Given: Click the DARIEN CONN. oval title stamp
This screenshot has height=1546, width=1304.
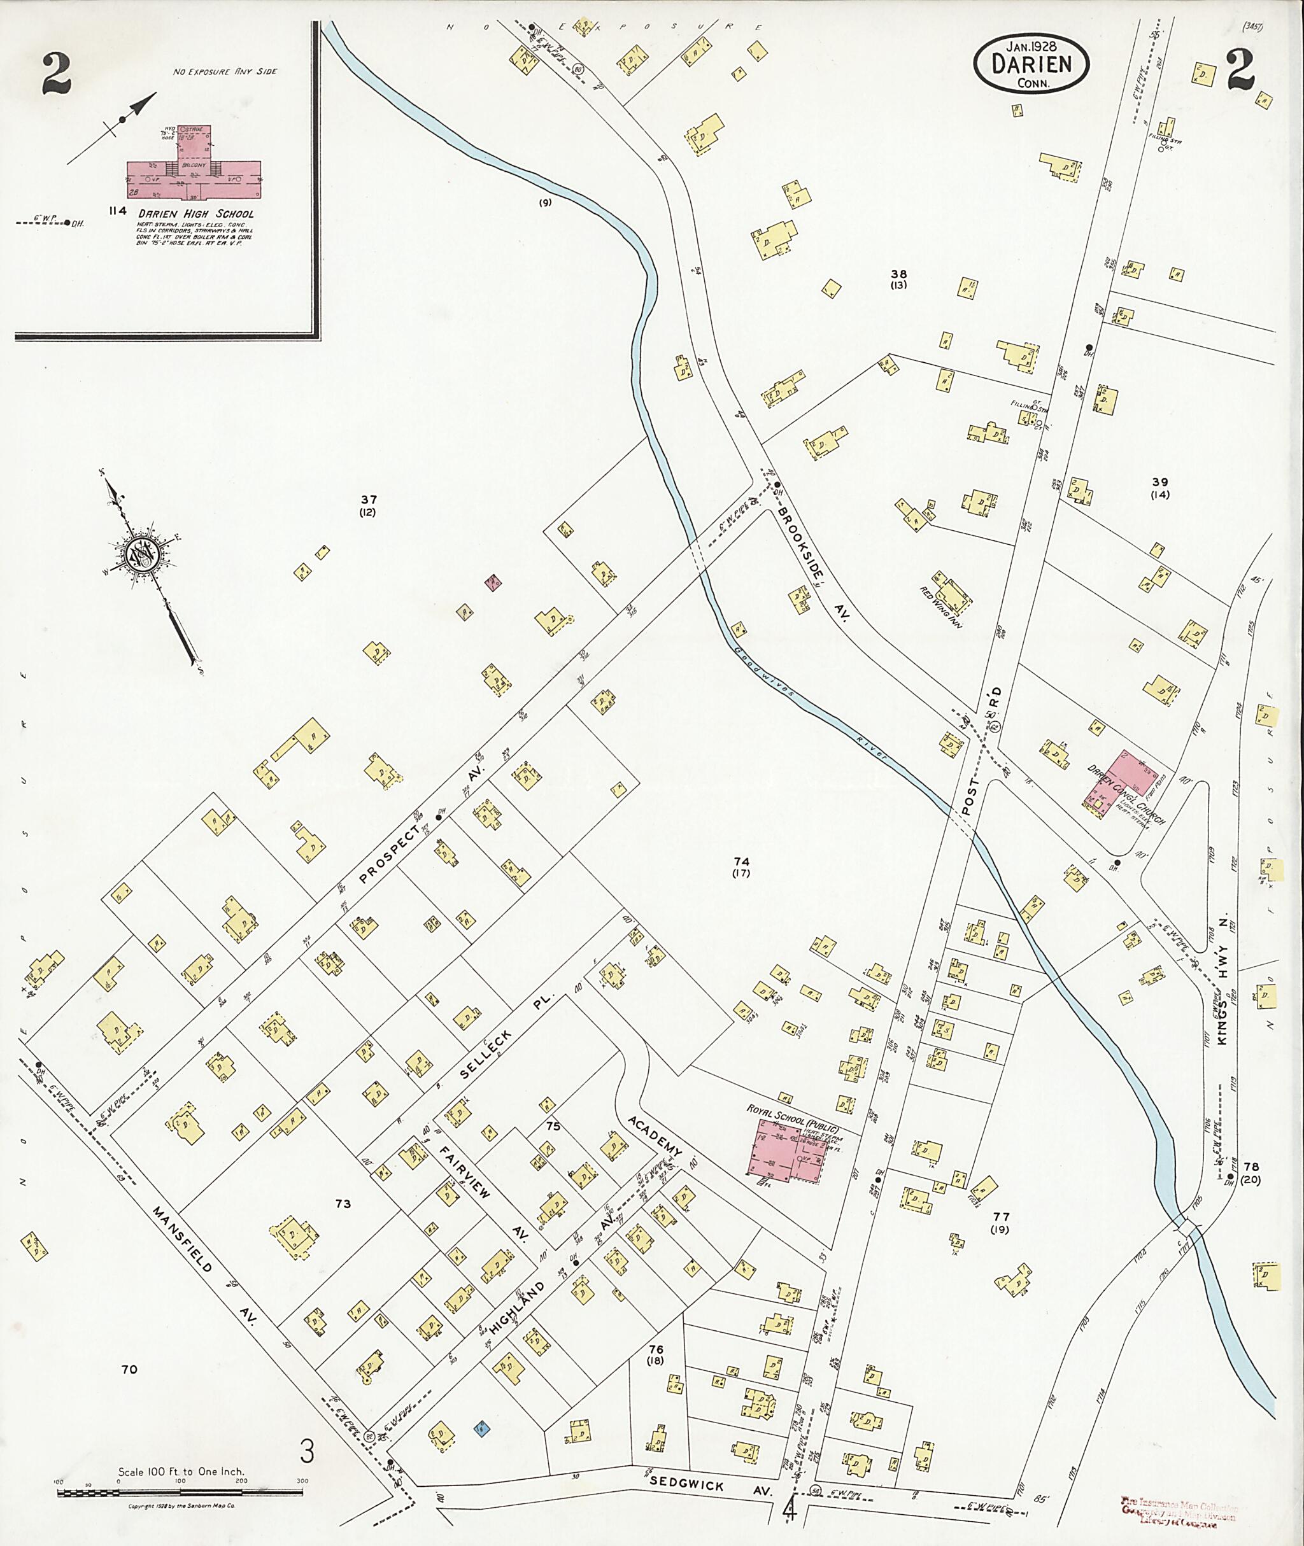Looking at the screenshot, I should click(1031, 65).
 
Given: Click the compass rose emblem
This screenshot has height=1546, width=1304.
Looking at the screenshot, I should click(141, 554).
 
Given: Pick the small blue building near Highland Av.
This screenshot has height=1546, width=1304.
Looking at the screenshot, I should click(482, 1428).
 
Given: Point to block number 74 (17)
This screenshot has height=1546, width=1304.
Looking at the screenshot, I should click(741, 867).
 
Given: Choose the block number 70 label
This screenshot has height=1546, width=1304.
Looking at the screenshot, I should click(129, 1369).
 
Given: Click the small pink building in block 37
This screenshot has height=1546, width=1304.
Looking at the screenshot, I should click(493, 582).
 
